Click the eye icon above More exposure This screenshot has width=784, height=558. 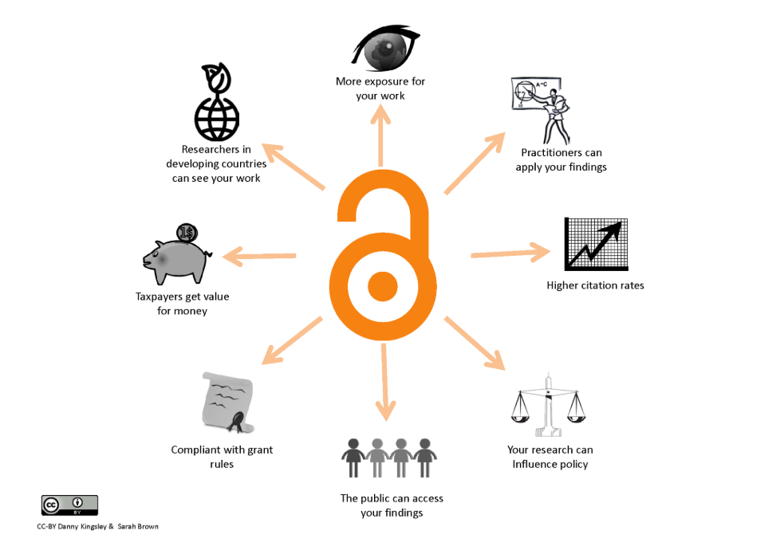(386, 48)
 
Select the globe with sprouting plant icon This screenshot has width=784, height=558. (216, 102)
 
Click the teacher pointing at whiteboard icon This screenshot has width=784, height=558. (541, 111)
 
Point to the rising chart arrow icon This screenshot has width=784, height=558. (596, 244)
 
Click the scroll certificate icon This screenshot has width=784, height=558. (228, 403)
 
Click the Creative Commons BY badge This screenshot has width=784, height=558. (69, 505)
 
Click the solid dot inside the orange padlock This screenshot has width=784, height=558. (383, 286)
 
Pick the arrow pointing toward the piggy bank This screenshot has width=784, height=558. (259, 256)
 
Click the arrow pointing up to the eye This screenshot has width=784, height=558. (381, 136)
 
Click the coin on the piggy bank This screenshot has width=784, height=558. (187, 233)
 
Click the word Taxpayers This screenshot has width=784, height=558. (159, 297)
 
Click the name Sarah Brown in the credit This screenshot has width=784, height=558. (138, 527)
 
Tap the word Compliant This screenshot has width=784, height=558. (195, 450)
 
